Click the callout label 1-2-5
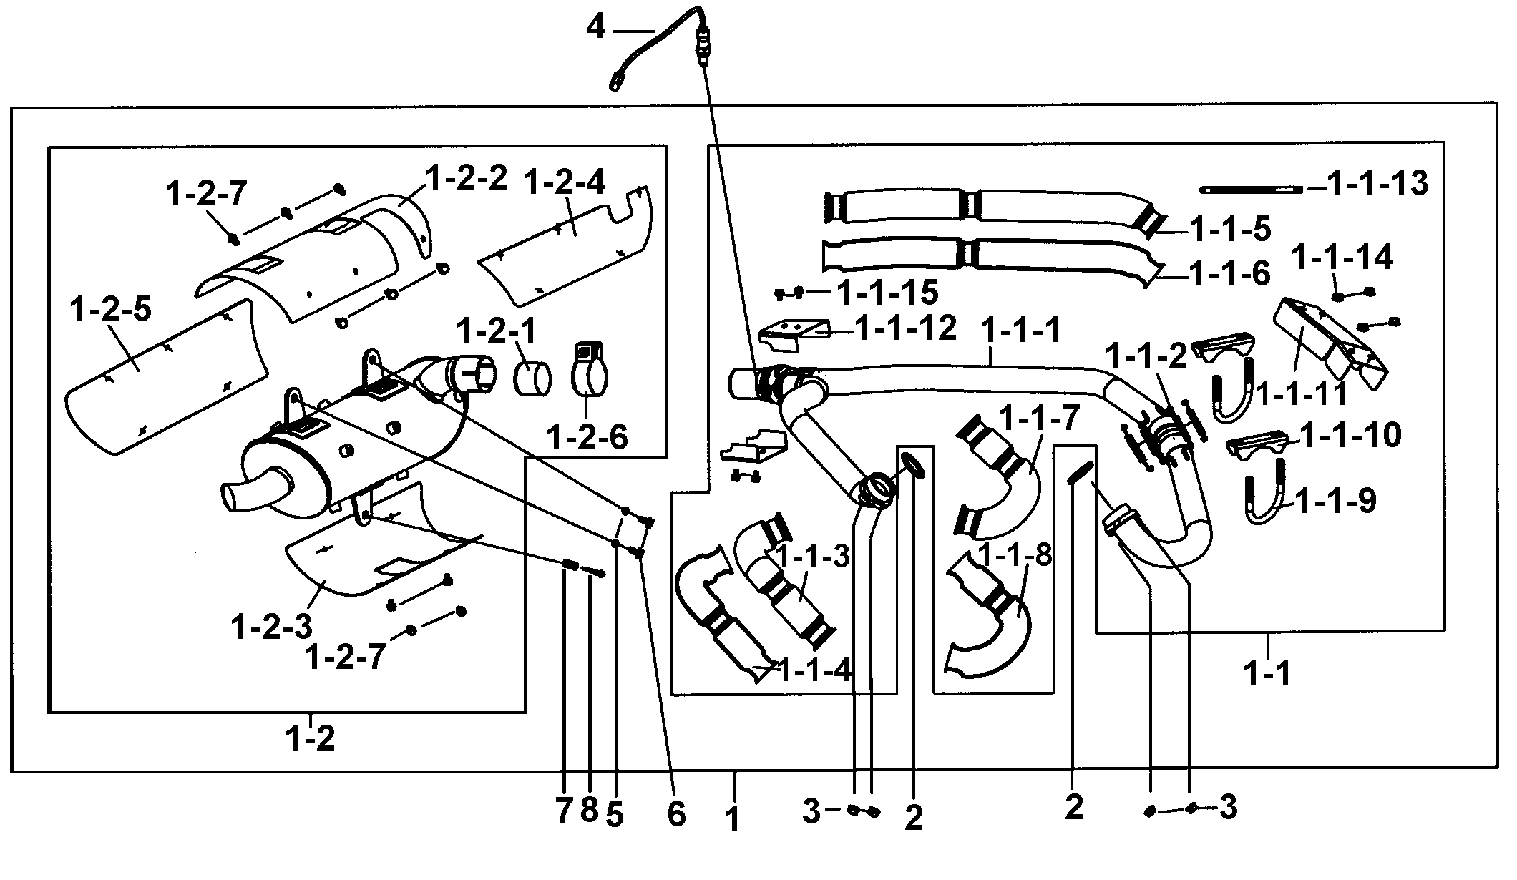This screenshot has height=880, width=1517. click(111, 311)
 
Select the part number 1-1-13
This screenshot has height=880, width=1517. click(1378, 184)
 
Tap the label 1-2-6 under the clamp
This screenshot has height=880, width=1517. click(587, 436)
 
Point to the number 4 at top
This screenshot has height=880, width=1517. click(596, 29)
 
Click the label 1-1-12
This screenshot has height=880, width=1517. click(906, 328)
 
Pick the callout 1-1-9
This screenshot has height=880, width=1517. click(1335, 502)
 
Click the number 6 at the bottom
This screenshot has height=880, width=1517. click(676, 813)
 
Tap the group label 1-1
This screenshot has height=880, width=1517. click(1267, 673)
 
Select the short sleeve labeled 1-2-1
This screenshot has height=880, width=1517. click(532, 378)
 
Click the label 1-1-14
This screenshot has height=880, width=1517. click(1342, 258)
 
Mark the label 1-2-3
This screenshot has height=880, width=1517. click(271, 627)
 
